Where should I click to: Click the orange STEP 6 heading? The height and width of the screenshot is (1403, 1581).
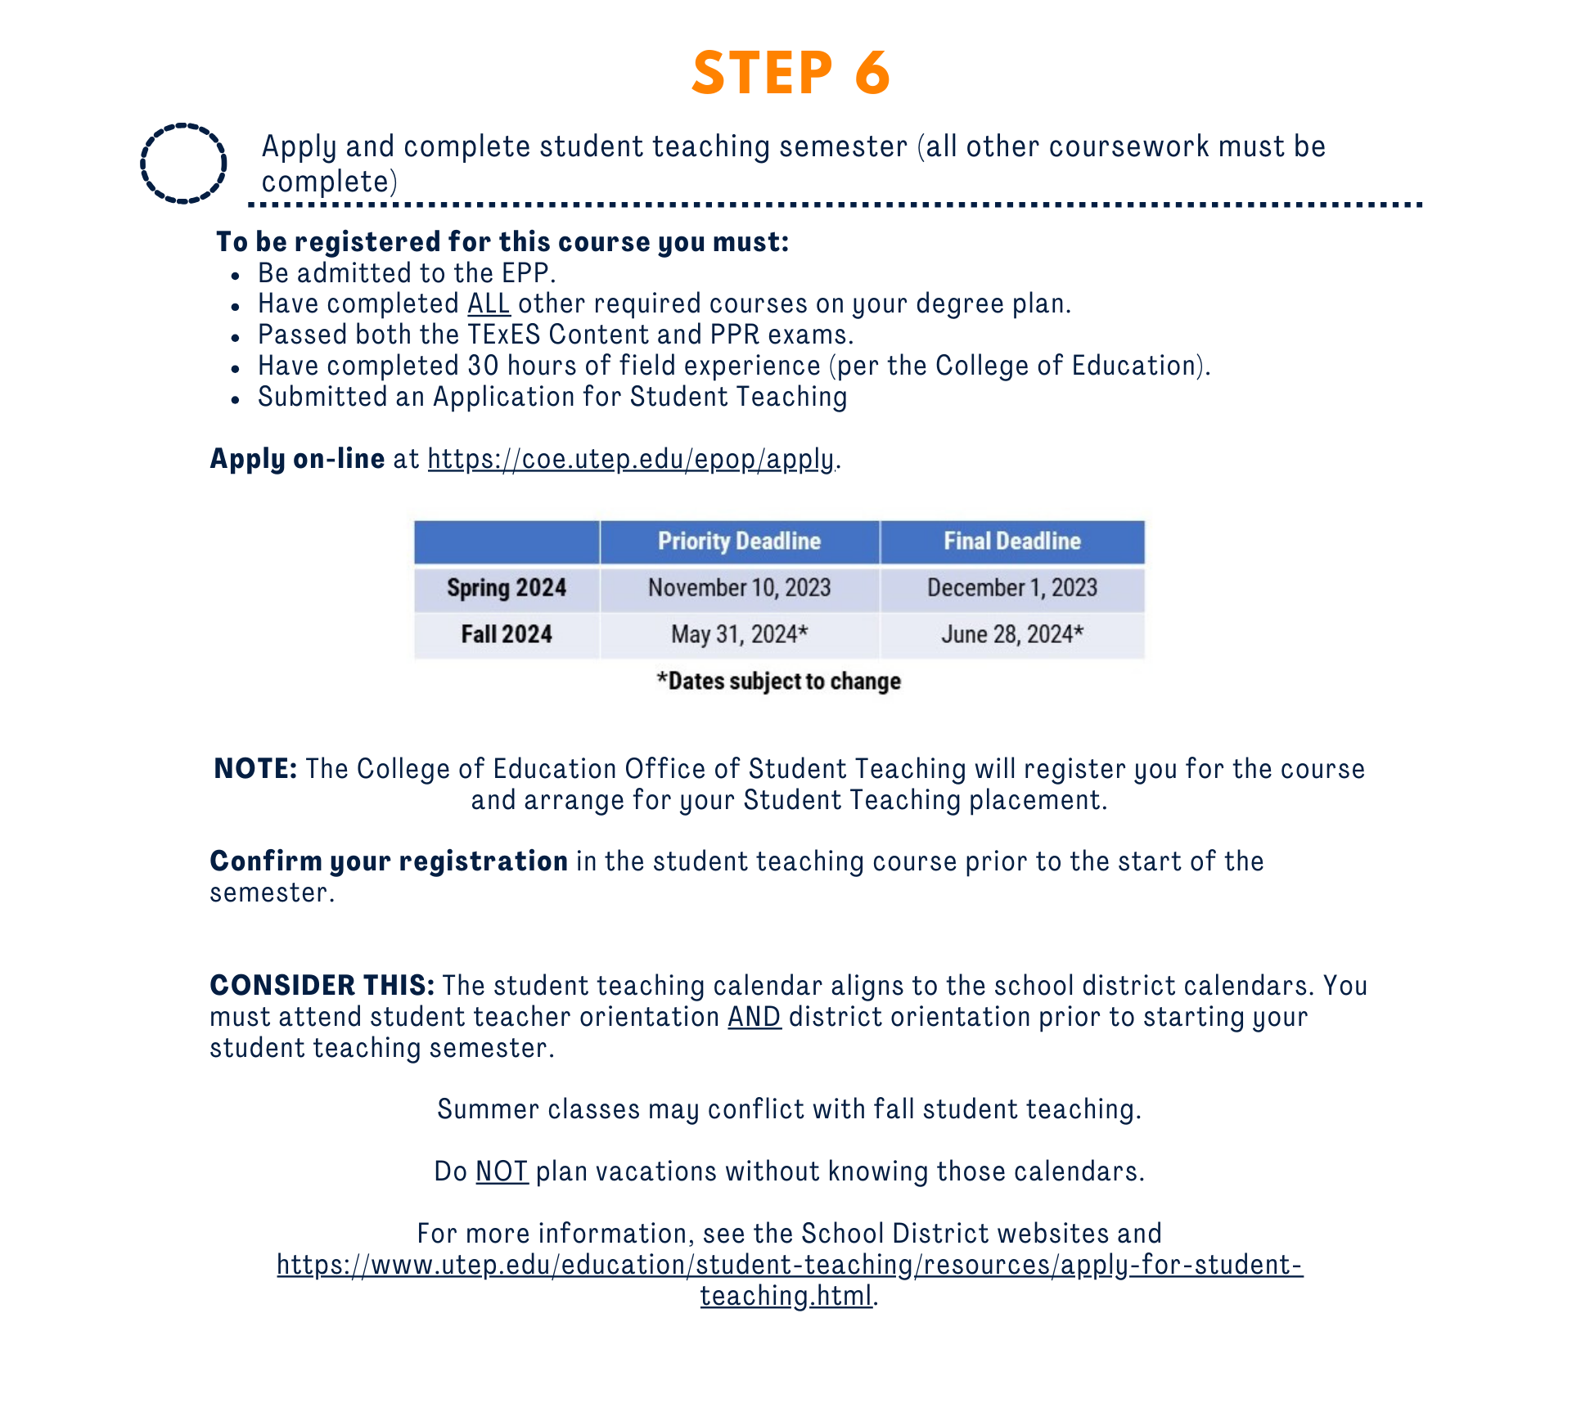[x=790, y=73]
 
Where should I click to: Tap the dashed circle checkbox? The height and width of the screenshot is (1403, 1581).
[x=183, y=163]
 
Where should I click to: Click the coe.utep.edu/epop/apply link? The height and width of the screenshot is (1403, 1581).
[x=631, y=459]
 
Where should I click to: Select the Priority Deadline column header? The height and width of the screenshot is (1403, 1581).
[x=739, y=542]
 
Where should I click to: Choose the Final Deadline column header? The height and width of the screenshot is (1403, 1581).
[x=1011, y=542]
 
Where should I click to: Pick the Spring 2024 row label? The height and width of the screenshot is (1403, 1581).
[x=507, y=588]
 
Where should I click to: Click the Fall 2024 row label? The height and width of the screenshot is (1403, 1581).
[x=507, y=635]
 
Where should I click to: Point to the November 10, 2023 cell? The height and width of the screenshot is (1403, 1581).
[x=739, y=588]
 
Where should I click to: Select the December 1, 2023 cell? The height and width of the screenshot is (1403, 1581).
[x=1011, y=588]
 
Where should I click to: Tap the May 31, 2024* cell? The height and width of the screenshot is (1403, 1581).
[x=739, y=635]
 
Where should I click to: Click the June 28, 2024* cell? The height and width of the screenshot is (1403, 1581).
[x=1011, y=635]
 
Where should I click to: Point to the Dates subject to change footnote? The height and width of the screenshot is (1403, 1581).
[x=778, y=681]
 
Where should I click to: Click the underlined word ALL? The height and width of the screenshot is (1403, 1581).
[x=489, y=304]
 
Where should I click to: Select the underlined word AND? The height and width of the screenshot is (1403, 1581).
[x=754, y=1017]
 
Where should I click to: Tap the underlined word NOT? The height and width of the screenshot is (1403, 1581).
[x=502, y=1171]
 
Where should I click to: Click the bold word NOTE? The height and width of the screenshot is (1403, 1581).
[x=255, y=769]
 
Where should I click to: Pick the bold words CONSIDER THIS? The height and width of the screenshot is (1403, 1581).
[x=322, y=986]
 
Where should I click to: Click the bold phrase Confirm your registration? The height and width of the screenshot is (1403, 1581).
[x=389, y=861]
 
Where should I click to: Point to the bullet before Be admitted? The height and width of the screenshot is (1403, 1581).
[x=236, y=276]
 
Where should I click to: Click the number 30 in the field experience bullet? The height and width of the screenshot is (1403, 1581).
[x=483, y=366]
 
